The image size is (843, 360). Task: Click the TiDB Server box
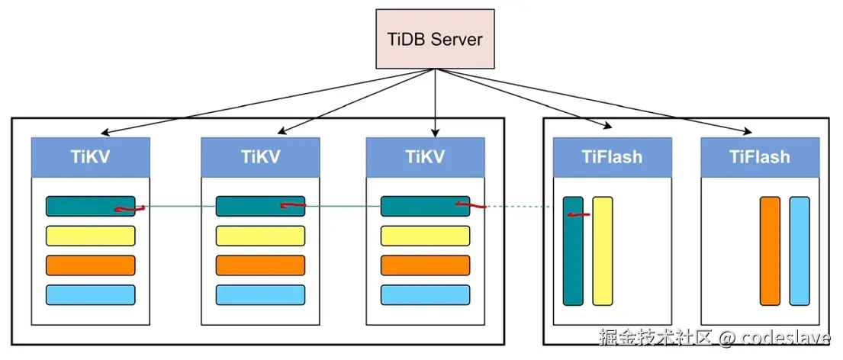(435, 39)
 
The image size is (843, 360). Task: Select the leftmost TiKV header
(90, 157)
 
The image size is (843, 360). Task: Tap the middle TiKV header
(260, 157)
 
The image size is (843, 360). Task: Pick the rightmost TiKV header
(425, 157)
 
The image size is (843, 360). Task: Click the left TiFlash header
(612, 157)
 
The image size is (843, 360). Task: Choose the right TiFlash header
(759, 157)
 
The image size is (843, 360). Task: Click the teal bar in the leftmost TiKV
(80, 206)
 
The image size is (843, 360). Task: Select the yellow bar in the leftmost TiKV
(90, 236)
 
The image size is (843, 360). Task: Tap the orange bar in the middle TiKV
(260, 265)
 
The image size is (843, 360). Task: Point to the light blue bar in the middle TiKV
(260, 294)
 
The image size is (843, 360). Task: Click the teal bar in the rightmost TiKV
(416, 206)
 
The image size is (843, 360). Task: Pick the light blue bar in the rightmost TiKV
(425, 294)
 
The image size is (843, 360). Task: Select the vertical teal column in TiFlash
(573, 259)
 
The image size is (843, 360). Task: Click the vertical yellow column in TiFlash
(603, 251)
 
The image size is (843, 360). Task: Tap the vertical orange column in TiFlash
(770, 251)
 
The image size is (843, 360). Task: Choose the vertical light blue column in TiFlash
(800, 251)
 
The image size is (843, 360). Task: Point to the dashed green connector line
(519, 207)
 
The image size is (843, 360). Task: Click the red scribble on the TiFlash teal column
(578, 214)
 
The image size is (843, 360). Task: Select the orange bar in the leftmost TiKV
(90, 265)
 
